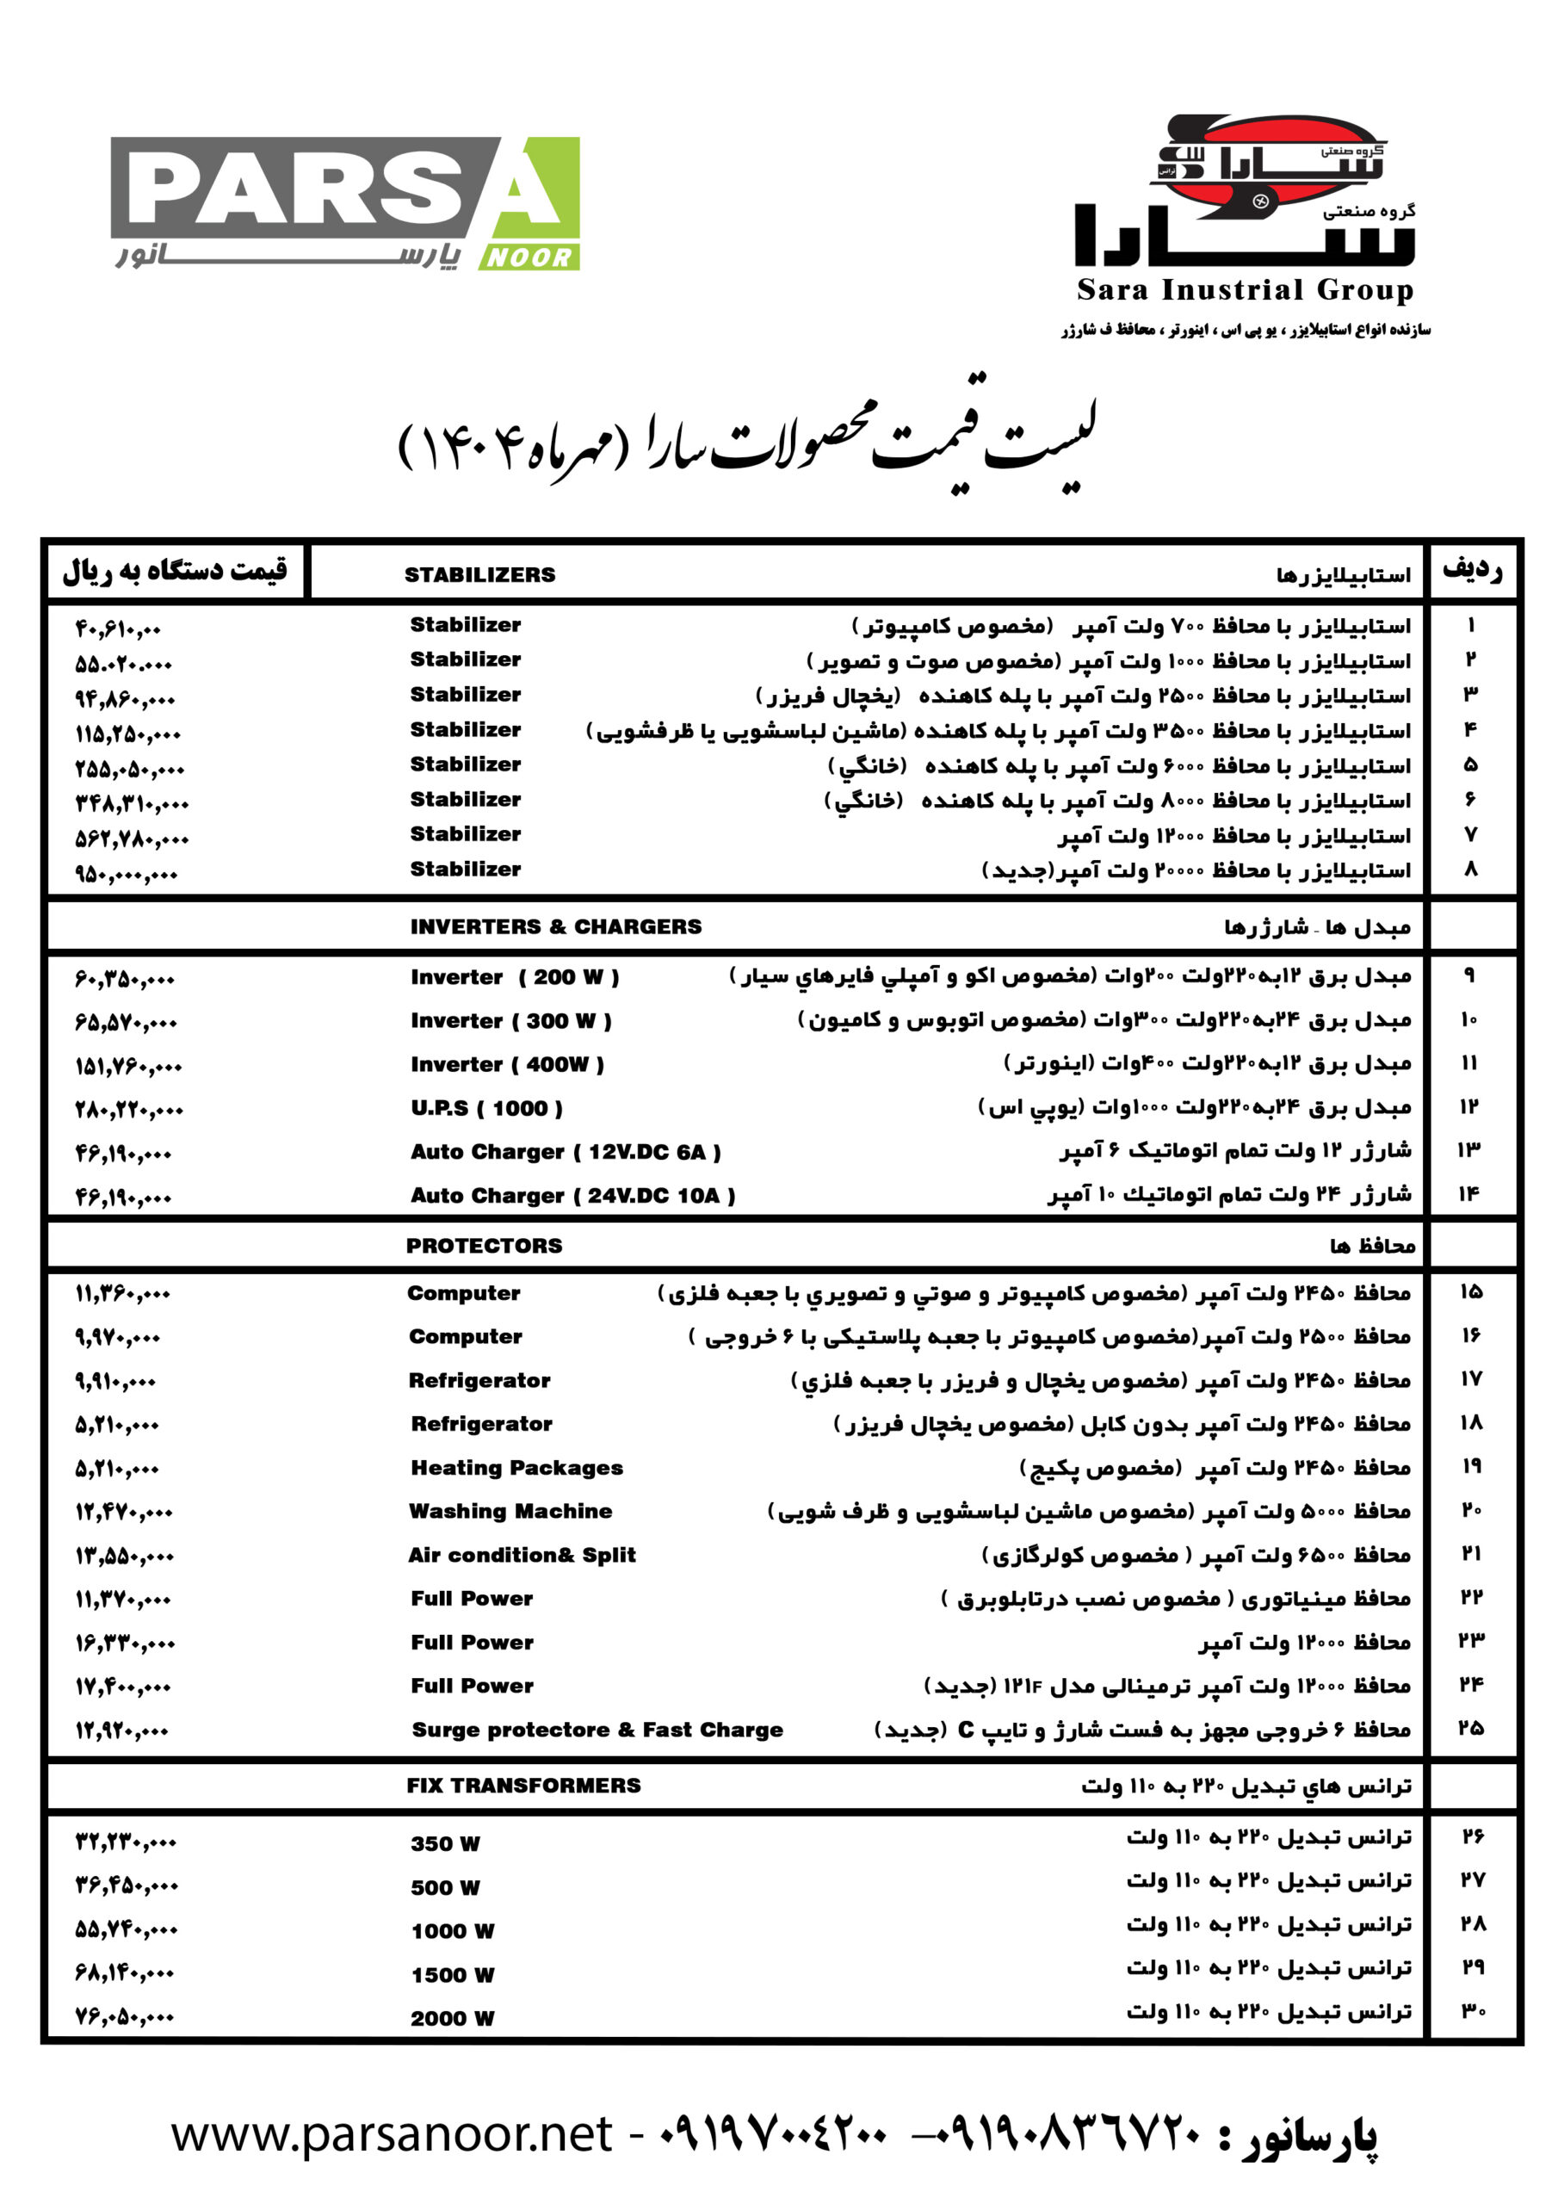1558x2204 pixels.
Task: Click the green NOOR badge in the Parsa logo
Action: pos(529,257)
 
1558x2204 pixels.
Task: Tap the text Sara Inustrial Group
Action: pos(1244,289)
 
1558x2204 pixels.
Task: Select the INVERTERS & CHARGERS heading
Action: pos(556,926)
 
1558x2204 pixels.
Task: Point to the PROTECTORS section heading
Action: pos(484,1245)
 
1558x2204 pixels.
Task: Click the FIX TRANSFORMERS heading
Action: pos(523,1785)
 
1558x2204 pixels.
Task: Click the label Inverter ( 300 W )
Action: pos(510,1020)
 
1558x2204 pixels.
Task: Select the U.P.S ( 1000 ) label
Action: pos(486,1108)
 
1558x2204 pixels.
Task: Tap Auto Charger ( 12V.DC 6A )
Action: pos(566,1151)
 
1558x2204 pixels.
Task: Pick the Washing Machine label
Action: pos(510,1511)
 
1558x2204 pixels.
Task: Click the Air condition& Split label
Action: pos(522,1554)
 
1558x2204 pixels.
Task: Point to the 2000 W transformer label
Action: pos(452,2018)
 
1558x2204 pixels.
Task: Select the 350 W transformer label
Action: pos(445,1843)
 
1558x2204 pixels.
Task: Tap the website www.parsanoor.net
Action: pos(392,2134)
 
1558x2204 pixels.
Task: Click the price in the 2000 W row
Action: pos(125,2018)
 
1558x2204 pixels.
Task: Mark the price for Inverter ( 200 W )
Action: pos(125,979)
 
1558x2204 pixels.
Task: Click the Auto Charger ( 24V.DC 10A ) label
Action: pos(572,1195)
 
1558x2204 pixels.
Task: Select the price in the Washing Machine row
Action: pos(125,1512)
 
